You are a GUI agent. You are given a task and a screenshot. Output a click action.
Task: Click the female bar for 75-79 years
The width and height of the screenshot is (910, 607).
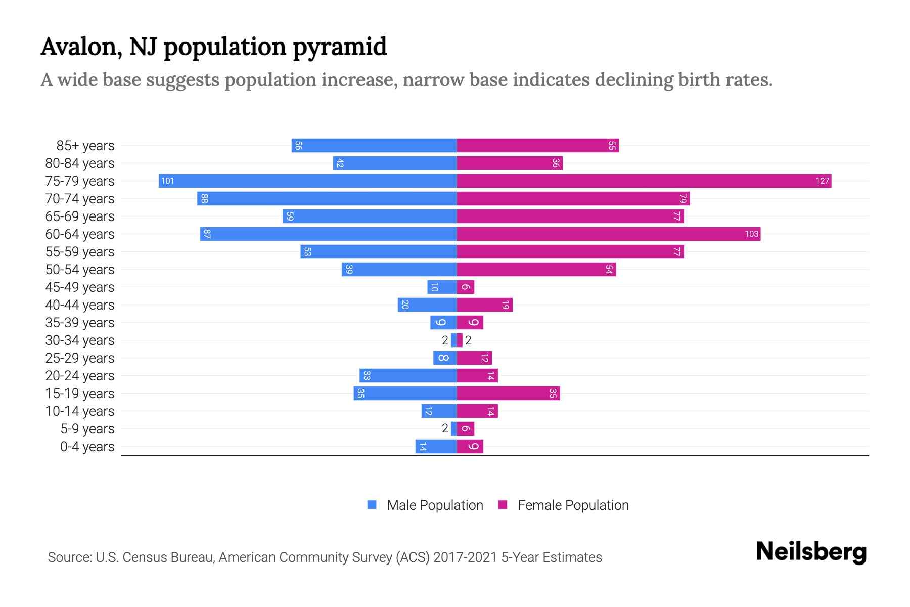pyautogui.click(x=644, y=181)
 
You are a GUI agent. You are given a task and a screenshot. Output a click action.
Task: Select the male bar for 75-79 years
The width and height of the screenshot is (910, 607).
pyautogui.click(x=307, y=181)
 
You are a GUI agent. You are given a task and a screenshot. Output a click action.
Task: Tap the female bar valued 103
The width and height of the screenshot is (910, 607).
pyautogui.click(x=608, y=234)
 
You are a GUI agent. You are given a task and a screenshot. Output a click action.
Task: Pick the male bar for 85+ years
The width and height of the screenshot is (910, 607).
pyautogui.click(x=374, y=145)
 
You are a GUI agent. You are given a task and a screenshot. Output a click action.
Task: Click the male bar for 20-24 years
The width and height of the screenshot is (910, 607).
pyautogui.click(x=408, y=375)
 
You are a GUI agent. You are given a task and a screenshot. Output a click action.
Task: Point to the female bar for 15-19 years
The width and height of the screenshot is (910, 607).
pyautogui.click(x=508, y=393)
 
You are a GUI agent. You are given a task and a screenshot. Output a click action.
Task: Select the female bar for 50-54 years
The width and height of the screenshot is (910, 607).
pyautogui.click(x=536, y=269)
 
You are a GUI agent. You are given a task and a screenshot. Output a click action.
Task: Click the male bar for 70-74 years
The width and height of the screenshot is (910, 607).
pyautogui.click(x=327, y=198)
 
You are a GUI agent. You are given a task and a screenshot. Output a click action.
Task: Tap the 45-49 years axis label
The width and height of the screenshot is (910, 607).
pyautogui.click(x=80, y=287)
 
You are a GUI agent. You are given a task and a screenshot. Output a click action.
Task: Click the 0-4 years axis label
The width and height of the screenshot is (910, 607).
pyautogui.click(x=87, y=446)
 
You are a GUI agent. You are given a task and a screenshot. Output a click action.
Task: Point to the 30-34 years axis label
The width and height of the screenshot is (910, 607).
pyautogui.click(x=80, y=340)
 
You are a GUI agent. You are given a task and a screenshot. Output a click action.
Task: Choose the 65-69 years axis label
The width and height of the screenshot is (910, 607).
pyautogui.click(x=80, y=216)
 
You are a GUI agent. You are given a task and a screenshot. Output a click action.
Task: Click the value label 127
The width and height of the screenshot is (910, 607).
pyautogui.click(x=822, y=181)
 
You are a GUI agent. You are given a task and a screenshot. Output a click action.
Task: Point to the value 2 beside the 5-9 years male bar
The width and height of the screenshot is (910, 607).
pyautogui.click(x=445, y=428)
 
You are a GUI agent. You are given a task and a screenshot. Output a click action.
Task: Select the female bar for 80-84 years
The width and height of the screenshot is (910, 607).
pyautogui.click(x=509, y=163)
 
